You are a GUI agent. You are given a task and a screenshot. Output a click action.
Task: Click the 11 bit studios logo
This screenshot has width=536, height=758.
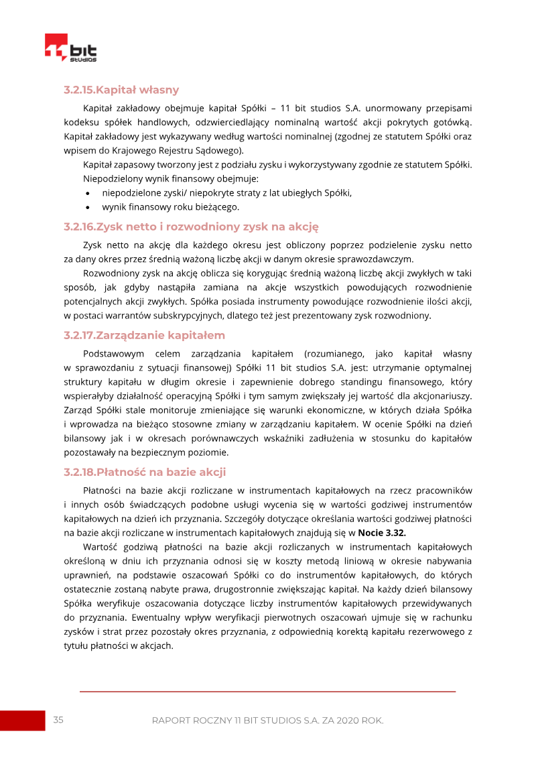(x=70, y=49)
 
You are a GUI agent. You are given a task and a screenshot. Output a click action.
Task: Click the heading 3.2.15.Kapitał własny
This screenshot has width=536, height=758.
(x=121, y=90)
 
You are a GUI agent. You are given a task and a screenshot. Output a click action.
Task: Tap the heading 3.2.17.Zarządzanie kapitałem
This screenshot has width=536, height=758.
(x=144, y=335)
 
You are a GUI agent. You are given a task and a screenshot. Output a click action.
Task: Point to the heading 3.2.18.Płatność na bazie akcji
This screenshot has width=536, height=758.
(x=145, y=472)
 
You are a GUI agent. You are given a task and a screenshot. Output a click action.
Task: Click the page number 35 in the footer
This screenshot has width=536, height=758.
(x=58, y=720)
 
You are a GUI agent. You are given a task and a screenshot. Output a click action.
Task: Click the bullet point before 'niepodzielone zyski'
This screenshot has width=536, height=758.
(x=88, y=193)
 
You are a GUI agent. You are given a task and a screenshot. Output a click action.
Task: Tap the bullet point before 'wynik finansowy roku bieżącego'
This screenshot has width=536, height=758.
(x=88, y=206)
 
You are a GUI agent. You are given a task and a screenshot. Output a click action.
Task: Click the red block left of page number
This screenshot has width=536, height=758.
(x=22, y=720)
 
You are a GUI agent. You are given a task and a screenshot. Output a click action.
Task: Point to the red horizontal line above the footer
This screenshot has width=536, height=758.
(x=267, y=691)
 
